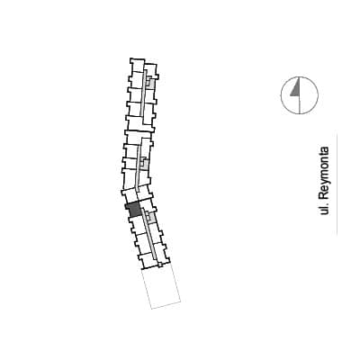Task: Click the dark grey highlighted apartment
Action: (133, 209)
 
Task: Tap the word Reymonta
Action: (324, 174)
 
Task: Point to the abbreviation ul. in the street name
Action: (324, 210)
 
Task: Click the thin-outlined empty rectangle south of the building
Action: (161, 287)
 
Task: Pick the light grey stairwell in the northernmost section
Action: (151, 83)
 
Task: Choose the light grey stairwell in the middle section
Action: (145, 164)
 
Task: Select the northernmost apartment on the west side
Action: (137, 65)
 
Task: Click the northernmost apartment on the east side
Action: (151, 69)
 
